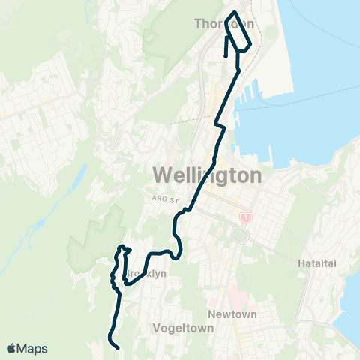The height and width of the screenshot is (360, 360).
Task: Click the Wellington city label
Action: [208, 175]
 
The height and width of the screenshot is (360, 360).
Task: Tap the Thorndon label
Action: [224, 25]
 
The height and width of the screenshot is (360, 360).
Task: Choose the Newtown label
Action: [233, 313]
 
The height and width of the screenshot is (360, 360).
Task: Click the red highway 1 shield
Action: [244, 217]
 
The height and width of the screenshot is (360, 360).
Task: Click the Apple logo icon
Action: [12, 348]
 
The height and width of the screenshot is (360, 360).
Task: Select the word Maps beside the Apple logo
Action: [33, 348]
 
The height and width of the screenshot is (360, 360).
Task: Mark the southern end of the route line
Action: [118, 347]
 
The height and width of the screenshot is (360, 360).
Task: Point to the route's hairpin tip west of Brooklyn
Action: [120, 247]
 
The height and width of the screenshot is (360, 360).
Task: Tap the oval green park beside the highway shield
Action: [240, 235]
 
